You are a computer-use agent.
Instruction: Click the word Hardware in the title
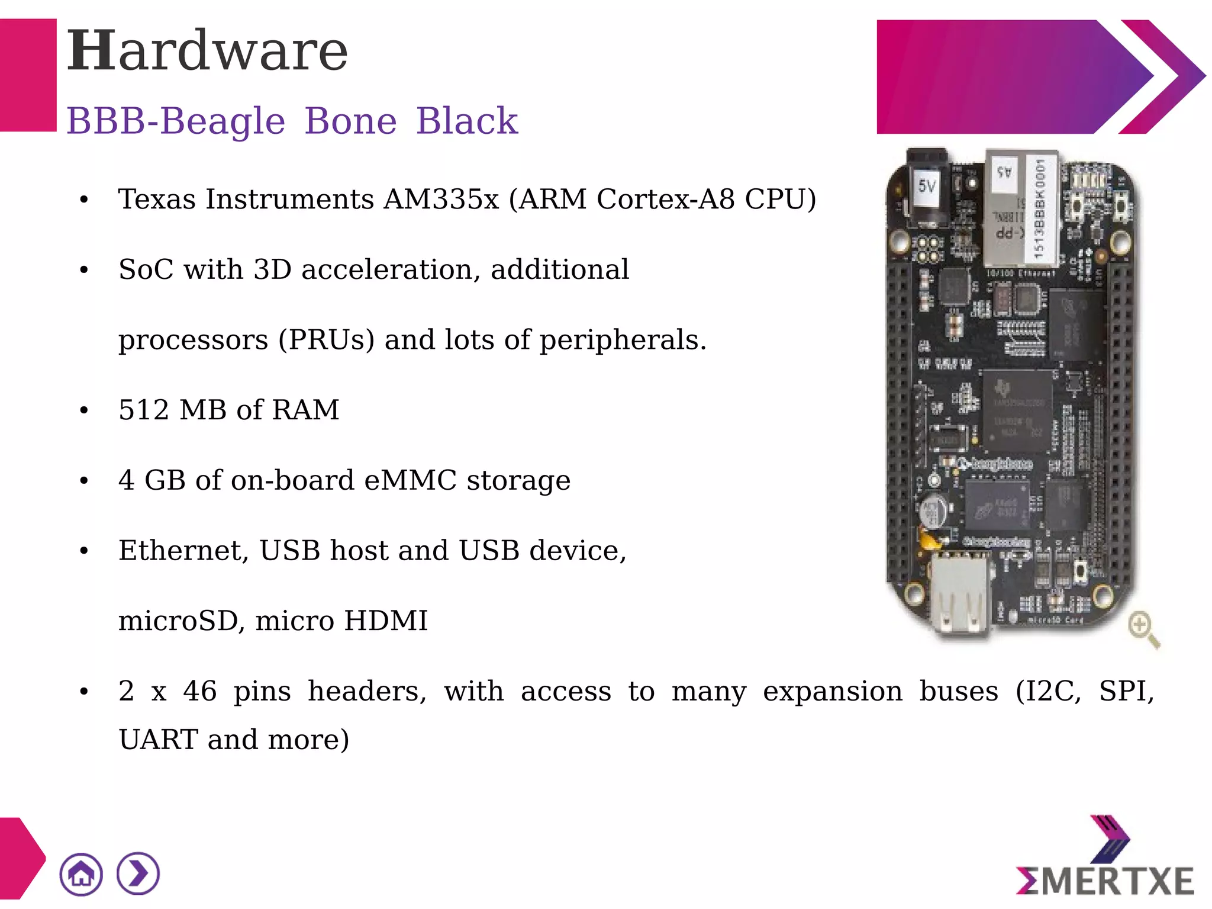click(207, 51)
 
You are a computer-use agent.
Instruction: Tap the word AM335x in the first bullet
click(441, 199)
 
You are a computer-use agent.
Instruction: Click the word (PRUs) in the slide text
click(326, 340)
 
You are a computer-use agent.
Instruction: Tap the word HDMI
click(386, 621)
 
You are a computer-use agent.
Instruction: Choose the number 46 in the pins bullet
click(199, 691)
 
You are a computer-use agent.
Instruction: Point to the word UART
click(159, 740)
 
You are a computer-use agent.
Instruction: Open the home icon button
click(81, 874)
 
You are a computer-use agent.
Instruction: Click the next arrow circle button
click(138, 874)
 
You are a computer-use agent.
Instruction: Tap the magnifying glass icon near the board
click(1143, 629)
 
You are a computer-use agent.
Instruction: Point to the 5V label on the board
click(927, 187)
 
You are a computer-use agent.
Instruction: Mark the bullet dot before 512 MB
click(84, 410)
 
